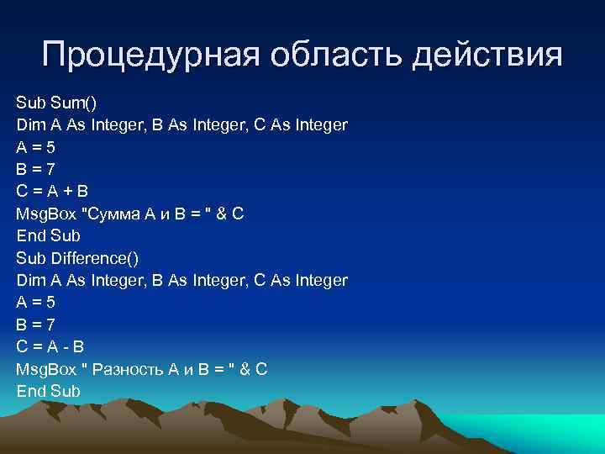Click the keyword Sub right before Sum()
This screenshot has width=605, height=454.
pyautogui.click(x=30, y=103)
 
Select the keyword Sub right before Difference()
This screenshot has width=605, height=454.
pyautogui.click(x=30, y=257)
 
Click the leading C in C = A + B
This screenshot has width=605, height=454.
pyautogui.click(x=23, y=192)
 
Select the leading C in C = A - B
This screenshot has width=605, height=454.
pyautogui.click(x=23, y=346)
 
